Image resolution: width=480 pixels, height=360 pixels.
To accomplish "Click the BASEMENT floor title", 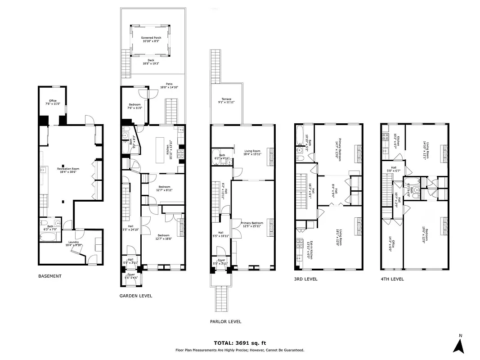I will point(49,276).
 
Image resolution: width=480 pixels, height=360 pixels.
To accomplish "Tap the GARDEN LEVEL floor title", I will point(135,296).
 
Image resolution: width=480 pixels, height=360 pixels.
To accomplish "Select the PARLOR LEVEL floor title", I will point(225,321).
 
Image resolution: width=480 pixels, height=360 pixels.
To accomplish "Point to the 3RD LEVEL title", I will point(305,279).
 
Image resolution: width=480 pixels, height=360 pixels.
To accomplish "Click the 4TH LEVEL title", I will point(392,279).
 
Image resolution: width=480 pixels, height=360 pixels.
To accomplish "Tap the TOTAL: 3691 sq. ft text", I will point(240,343).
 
